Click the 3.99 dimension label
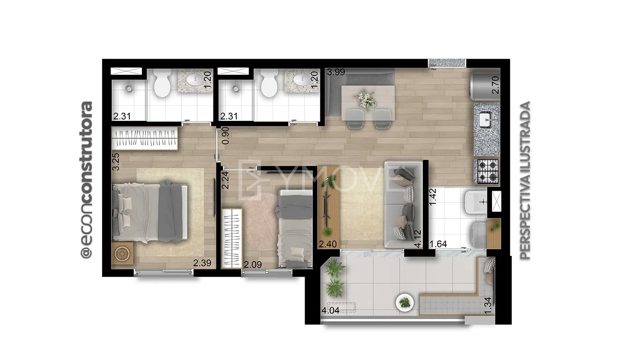coord(336,72)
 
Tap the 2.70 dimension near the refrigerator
coord(495,85)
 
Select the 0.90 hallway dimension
coord(225,135)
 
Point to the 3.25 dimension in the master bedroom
coord(116,162)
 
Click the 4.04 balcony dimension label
coord(331,310)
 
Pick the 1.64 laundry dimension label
coord(439,244)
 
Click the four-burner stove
coord(487,171)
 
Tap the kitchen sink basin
coord(486,120)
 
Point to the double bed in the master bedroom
coord(150,212)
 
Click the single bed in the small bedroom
coord(294,228)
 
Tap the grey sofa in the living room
coord(403,204)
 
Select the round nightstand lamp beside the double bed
coord(122,254)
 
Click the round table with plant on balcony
coord(405,302)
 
